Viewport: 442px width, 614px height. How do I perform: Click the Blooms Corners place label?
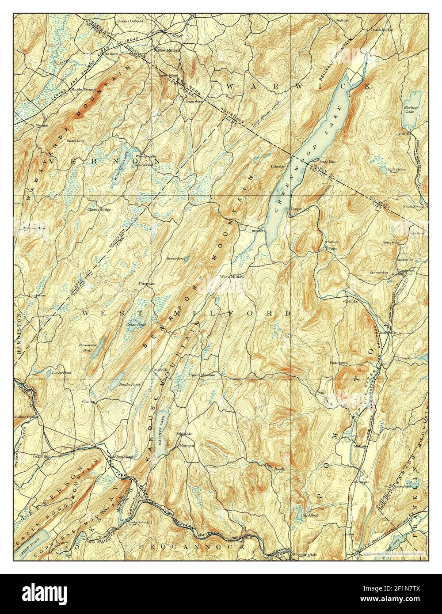129,21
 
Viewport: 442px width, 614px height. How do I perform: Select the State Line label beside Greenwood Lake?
328,162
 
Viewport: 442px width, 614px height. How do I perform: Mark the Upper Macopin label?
202,375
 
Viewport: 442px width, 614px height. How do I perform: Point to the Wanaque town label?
361,482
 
